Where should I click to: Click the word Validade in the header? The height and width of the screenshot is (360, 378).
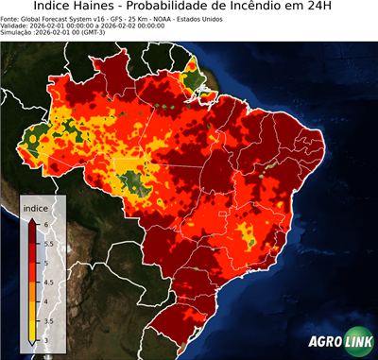(x=16, y=26)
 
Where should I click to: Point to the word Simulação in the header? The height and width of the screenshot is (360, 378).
(x=18, y=32)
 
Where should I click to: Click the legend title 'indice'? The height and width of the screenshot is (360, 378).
(x=36, y=207)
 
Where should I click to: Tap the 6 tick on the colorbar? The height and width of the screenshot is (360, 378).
(x=47, y=222)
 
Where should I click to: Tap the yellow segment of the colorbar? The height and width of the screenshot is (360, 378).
(x=33, y=317)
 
